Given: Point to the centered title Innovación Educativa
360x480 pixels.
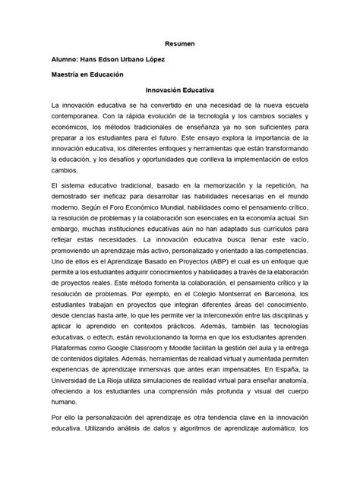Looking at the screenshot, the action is (x=180, y=89).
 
